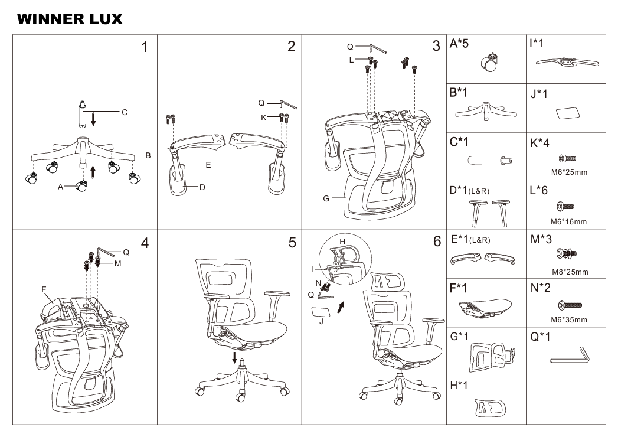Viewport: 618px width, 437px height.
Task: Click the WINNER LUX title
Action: point(70,19)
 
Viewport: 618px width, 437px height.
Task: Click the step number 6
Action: point(437,242)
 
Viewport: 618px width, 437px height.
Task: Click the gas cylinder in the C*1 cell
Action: point(489,160)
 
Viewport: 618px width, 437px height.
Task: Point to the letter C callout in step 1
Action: point(124,112)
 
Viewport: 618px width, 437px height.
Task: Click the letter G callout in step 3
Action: point(326,198)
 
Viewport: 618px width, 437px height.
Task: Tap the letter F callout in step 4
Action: point(44,289)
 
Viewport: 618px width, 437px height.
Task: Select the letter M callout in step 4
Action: point(118,263)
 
